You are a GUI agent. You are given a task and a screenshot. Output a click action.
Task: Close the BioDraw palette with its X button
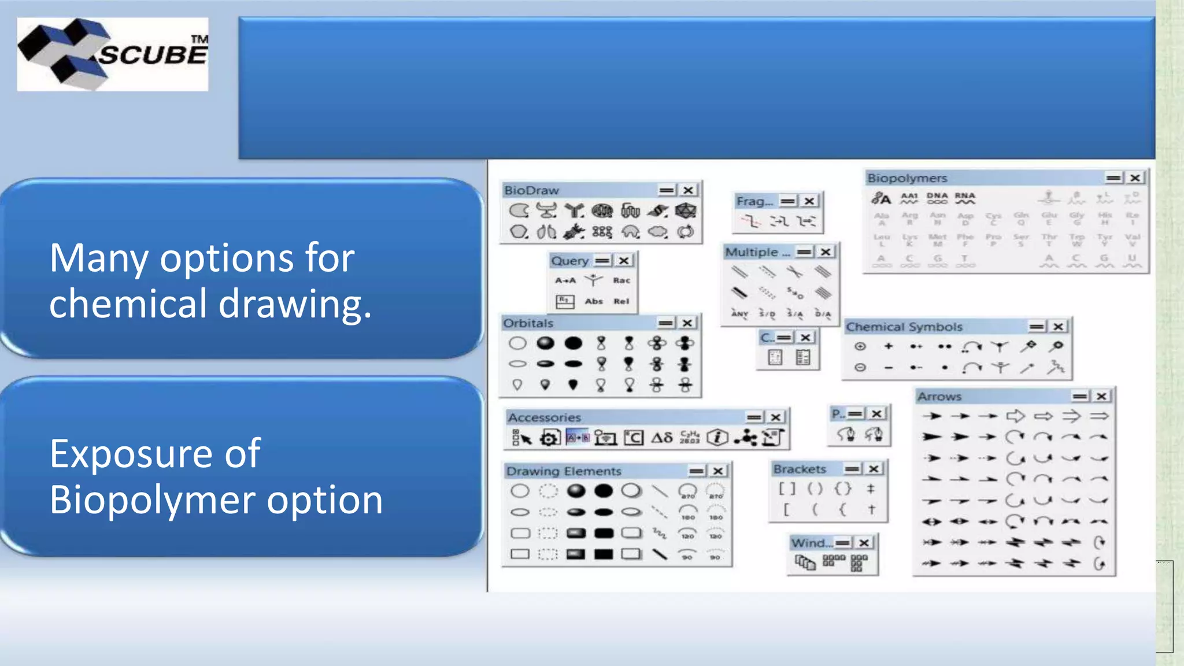coord(688,190)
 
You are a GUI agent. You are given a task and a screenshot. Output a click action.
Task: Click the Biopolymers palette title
coord(906,178)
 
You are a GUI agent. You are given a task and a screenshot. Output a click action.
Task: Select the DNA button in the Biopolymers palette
coord(937,198)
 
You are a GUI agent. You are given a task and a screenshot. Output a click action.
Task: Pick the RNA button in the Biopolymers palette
coord(965,198)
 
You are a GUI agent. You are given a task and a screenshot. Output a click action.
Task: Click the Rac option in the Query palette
coord(621,280)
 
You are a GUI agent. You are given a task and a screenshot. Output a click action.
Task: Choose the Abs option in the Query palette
coord(594,301)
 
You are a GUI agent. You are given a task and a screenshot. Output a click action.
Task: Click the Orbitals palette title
coord(528,323)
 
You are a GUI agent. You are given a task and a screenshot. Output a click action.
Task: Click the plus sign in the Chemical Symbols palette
coord(889,346)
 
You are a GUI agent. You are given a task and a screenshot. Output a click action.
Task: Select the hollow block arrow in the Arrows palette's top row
coord(1015,416)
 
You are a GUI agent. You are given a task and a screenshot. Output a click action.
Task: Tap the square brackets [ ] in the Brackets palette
coord(786,489)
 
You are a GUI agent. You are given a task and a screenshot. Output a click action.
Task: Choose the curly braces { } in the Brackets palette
coord(843,489)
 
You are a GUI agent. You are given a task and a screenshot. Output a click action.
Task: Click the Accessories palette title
coord(544,417)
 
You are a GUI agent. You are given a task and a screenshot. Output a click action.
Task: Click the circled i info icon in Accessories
coord(717,438)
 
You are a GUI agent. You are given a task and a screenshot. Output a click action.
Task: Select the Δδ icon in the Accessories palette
coord(662,438)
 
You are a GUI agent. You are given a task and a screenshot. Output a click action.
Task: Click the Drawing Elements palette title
coord(564,471)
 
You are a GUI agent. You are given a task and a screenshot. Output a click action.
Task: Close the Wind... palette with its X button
coord(864,543)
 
